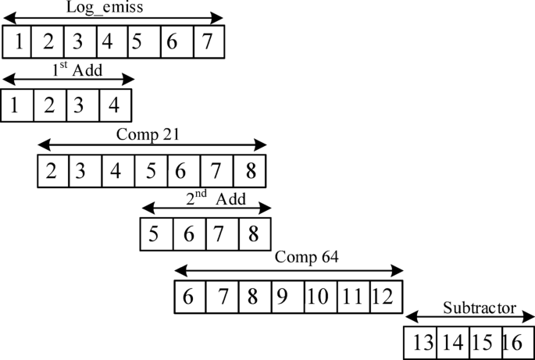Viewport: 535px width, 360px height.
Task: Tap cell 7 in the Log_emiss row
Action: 209,41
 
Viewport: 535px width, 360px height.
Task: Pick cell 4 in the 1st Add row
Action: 115,105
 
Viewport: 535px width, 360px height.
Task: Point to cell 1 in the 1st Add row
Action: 16,105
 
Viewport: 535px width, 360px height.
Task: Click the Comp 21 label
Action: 148,134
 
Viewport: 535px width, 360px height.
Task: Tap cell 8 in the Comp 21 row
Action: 250,171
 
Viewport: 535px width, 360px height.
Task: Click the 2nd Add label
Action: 215,198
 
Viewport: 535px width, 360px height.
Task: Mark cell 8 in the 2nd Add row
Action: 255,234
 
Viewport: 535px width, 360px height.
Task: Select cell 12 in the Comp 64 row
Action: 387,297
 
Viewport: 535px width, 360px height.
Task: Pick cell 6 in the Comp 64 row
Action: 190,297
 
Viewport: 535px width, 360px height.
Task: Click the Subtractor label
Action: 479,308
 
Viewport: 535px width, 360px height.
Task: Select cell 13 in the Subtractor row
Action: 421,342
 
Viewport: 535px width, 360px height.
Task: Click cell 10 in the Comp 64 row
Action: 319,297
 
